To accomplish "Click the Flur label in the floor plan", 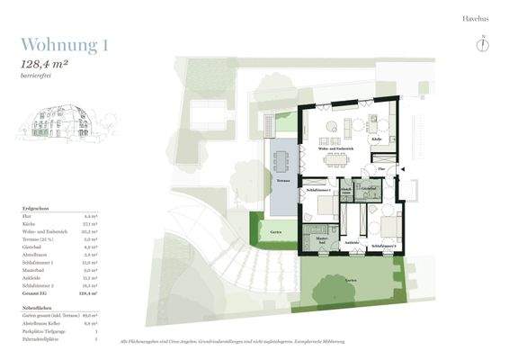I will pos(381,167).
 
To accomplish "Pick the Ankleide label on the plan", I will pos(353,242).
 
